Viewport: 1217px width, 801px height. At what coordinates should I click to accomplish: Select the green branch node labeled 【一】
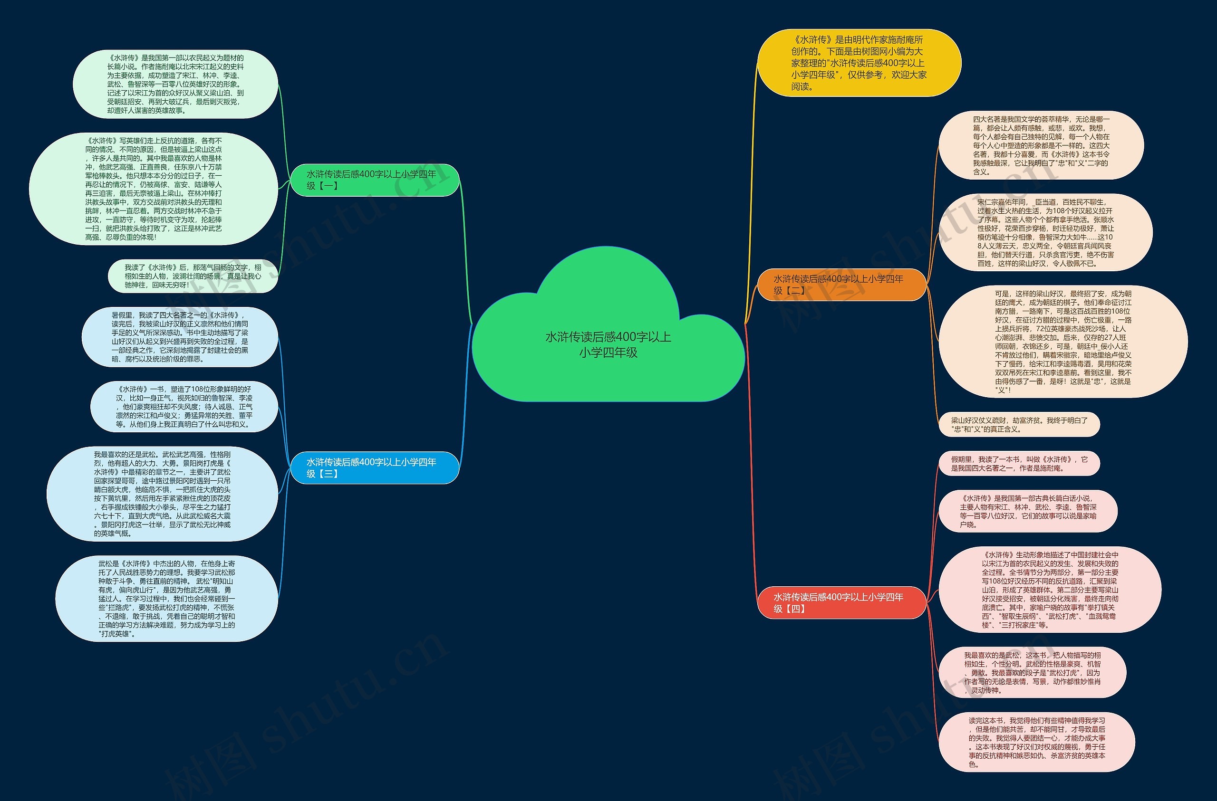(x=374, y=180)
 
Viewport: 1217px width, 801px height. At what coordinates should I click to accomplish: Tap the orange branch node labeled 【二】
(x=841, y=285)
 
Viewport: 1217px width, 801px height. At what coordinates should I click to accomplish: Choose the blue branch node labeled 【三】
(x=374, y=467)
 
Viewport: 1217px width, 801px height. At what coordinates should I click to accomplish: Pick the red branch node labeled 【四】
(x=841, y=603)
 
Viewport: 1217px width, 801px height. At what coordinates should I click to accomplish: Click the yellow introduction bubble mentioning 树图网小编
(x=859, y=63)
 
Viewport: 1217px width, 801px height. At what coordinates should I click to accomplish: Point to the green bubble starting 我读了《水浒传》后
(x=193, y=276)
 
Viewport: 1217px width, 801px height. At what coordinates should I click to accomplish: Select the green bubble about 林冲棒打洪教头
(x=154, y=189)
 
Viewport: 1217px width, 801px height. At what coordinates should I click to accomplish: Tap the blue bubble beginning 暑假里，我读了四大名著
(x=180, y=337)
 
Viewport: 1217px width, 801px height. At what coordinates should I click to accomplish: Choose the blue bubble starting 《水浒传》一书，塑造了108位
(x=184, y=406)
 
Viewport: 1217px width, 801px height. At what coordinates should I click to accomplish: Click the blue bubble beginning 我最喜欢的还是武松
(x=162, y=494)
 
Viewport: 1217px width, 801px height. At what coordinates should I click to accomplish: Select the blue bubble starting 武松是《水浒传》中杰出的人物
(x=167, y=599)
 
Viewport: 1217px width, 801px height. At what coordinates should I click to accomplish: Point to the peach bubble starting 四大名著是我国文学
(x=1041, y=145)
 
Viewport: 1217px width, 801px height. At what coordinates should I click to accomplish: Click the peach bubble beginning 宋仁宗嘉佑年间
(x=1046, y=233)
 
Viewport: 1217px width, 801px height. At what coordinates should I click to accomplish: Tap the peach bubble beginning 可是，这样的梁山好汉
(x=1063, y=342)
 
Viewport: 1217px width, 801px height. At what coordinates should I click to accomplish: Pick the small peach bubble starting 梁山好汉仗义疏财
(x=1019, y=424)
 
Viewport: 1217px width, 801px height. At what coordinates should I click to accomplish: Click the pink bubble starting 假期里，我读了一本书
(x=1019, y=464)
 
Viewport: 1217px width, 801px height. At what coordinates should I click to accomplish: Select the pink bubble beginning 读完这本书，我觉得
(x=1037, y=742)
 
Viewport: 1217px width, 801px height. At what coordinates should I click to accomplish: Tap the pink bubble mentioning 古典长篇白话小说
(x=1028, y=511)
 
